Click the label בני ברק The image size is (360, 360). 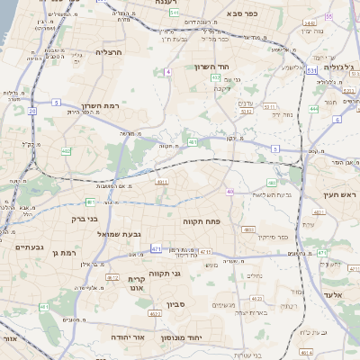click(x=84, y=217)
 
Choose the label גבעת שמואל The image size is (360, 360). click(x=143, y=234)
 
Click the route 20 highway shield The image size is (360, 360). click(x=31, y=112)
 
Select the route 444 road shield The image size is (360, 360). click(x=314, y=109)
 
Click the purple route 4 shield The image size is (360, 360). click(x=168, y=70)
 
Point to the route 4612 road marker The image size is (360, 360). click(x=112, y=277)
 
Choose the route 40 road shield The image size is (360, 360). click(x=230, y=191)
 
